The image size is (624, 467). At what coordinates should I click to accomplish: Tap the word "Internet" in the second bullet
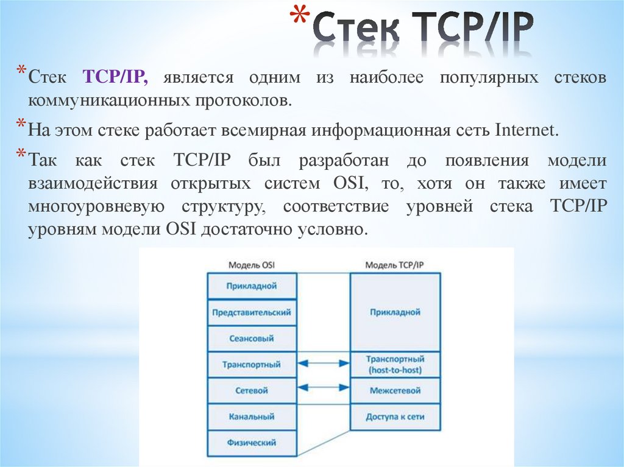(x=526, y=131)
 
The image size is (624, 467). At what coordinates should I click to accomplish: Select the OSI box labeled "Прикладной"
(x=252, y=286)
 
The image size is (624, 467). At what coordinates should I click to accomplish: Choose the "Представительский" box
(x=252, y=312)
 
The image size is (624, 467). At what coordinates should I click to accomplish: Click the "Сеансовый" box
(x=252, y=339)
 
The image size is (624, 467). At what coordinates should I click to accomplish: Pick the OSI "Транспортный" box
(x=252, y=365)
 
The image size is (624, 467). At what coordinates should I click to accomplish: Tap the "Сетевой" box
(x=252, y=391)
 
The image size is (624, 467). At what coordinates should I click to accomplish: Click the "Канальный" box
(x=252, y=417)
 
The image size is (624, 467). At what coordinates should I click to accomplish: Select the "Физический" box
(x=252, y=443)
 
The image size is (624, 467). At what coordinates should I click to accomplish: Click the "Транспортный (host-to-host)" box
(x=395, y=365)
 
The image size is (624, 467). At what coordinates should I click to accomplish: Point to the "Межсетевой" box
(x=395, y=391)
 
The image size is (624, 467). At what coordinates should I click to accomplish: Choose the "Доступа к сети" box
(x=395, y=417)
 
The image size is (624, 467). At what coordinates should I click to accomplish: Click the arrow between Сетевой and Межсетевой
(x=324, y=387)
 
